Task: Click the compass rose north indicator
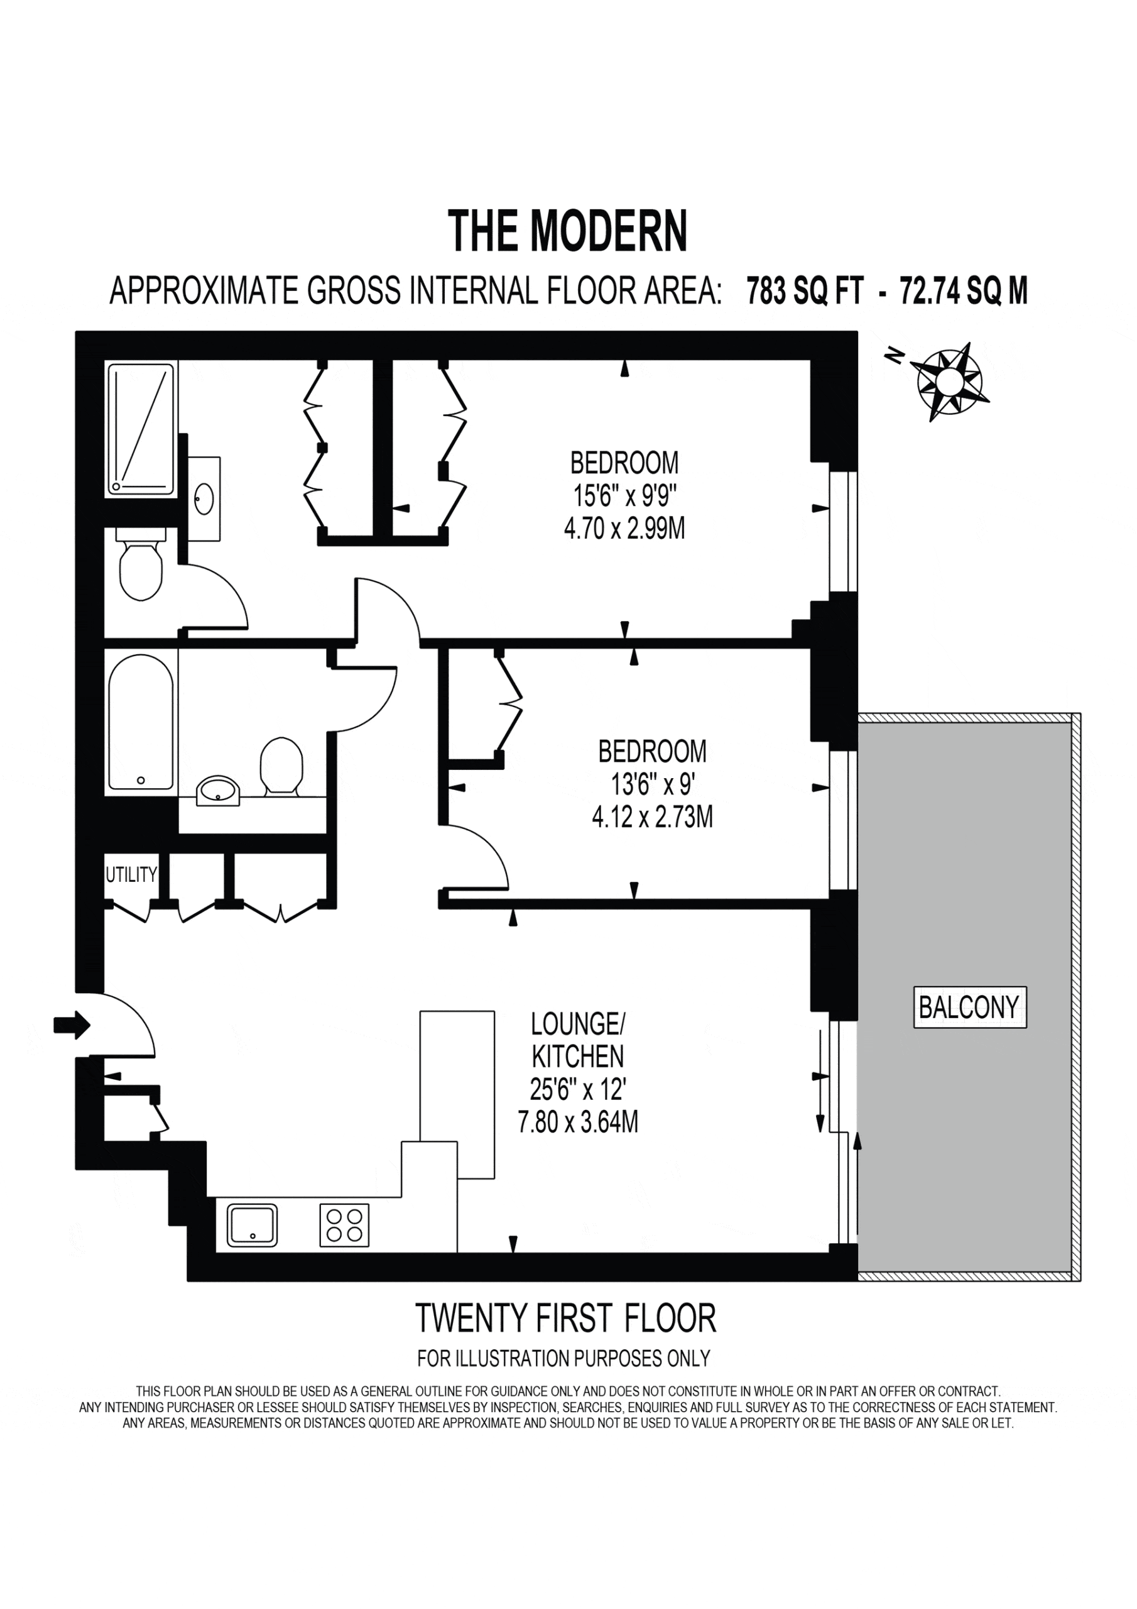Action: [x=950, y=382]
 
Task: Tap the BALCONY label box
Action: [x=969, y=1008]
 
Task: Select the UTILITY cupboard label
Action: [x=131, y=874]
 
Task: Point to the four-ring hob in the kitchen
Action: [x=344, y=1225]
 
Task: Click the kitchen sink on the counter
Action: [x=252, y=1225]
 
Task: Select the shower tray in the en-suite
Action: [x=140, y=429]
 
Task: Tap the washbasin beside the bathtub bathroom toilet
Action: [x=219, y=791]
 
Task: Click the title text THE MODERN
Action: [x=567, y=231]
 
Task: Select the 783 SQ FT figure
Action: [x=805, y=291]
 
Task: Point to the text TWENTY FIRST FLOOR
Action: [x=566, y=1318]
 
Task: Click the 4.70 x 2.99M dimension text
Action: [x=624, y=529]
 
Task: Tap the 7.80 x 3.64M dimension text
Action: [x=578, y=1122]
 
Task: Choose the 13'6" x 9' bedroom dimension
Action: [x=652, y=785]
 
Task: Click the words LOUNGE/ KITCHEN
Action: [x=577, y=1040]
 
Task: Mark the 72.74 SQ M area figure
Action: [x=963, y=291]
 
